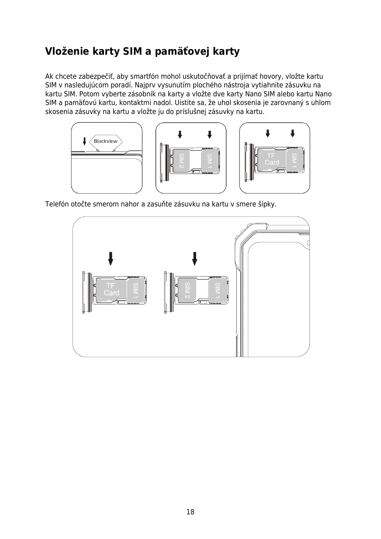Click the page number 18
point(190,512)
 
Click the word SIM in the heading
point(132,51)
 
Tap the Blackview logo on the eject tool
point(106,141)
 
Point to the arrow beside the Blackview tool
point(84,141)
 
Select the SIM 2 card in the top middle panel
point(181,160)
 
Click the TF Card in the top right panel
point(272,159)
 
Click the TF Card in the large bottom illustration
point(111,289)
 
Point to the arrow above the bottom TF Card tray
point(110,259)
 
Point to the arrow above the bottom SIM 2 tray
point(194,259)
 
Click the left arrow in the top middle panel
point(180,134)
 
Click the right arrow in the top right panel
point(293,133)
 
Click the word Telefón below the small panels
point(57,204)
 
